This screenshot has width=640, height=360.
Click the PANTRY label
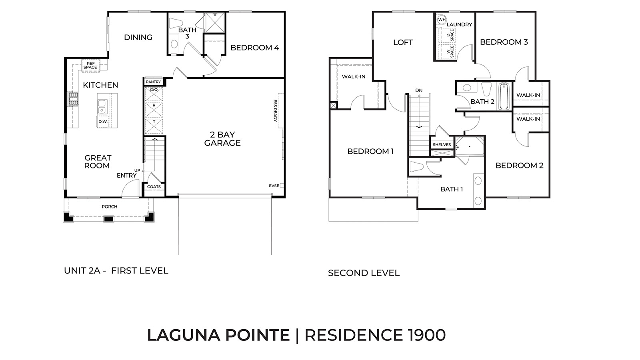point(153,82)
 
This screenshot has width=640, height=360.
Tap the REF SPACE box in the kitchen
point(90,66)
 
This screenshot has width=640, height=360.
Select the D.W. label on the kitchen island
point(102,122)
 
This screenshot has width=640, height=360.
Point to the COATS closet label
point(154,187)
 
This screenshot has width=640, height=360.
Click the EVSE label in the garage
point(274,186)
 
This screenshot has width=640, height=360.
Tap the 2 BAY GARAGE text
point(222,139)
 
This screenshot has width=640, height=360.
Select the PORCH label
point(110,207)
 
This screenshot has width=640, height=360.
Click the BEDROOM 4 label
point(255,48)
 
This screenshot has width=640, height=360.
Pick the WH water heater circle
point(442,20)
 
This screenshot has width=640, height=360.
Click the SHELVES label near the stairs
point(442,145)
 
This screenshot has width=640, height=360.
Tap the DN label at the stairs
point(419,90)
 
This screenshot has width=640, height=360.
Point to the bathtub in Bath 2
point(504,96)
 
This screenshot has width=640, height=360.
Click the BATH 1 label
point(452,189)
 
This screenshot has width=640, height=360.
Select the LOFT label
point(403,42)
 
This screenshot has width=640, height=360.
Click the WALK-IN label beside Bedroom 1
point(354,77)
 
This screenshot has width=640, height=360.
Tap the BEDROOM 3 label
point(504,42)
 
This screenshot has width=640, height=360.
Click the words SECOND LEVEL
point(364,273)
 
